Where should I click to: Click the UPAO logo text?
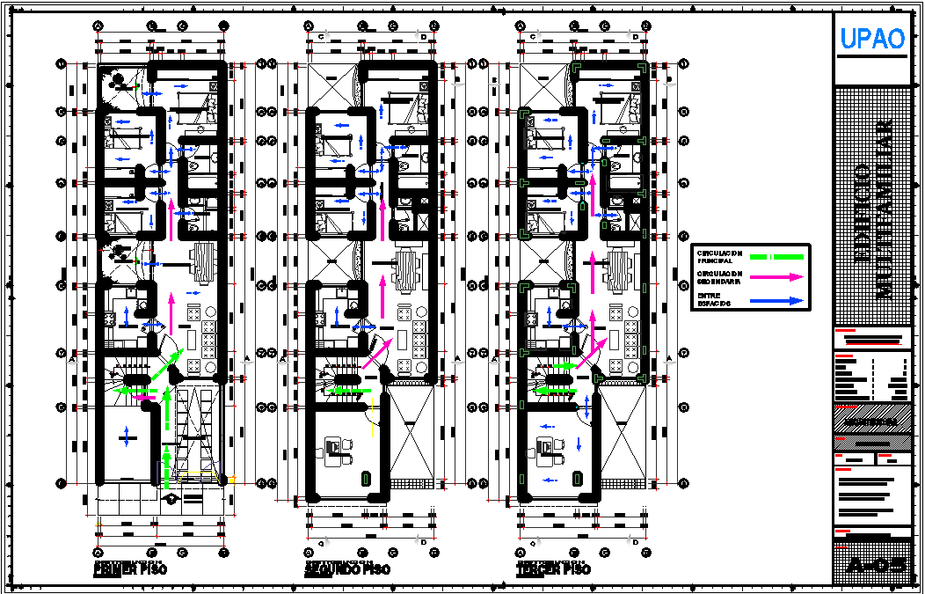(x=871, y=39)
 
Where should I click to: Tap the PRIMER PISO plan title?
(x=129, y=569)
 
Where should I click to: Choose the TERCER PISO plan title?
(x=554, y=569)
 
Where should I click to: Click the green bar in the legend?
(x=775, y=256)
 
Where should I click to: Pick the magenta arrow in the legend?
(x=775, y=277)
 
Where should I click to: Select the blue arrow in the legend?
(x=775, y=300)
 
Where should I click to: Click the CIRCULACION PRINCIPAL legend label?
(x=718, y=257)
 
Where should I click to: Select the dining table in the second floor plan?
(x=408, y=269)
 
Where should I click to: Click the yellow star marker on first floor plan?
(x=232, y=480)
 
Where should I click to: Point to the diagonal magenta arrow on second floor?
(x=375, y=353)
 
